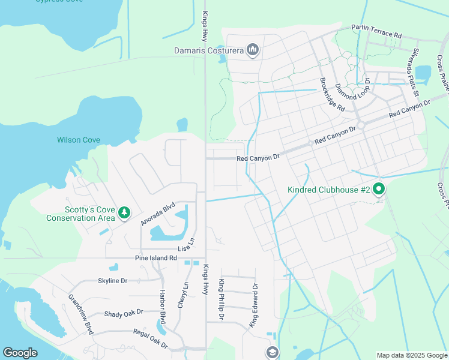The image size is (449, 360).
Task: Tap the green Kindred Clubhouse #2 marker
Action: (379, 190)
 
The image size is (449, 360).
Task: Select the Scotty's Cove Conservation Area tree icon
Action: (124, 213)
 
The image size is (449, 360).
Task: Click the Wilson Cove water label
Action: (79, 140)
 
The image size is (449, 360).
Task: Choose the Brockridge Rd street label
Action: (332, 95)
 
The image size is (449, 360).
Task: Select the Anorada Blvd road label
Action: (157, 213)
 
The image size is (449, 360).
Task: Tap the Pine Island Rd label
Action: (155, 258)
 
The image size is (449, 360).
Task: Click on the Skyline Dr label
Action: (113, 281)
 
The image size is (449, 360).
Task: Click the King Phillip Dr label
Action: (221, 299)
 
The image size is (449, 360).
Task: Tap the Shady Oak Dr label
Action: (124, 313)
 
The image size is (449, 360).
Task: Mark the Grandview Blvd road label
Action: (80, 314)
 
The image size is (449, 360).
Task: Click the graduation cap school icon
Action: (272, 352)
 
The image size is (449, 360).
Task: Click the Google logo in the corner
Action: (20, 353)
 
